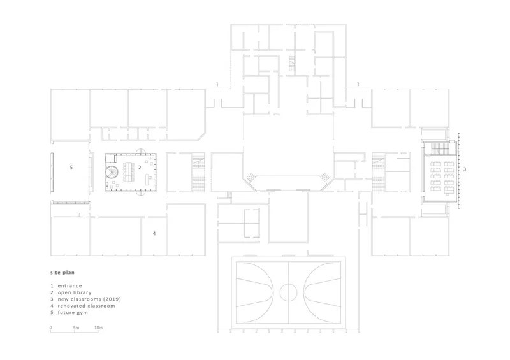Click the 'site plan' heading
62,273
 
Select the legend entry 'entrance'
70,286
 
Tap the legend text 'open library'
75,292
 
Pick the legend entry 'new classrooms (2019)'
89,299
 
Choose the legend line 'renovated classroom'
87,306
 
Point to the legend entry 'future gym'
73,312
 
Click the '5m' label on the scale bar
76,328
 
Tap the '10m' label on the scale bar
99,328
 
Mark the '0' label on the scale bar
51,328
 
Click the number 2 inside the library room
140,168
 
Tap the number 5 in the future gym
71,168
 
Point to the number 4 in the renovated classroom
154,233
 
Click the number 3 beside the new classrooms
465,169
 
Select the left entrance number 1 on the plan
217,85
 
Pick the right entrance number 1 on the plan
358,85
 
